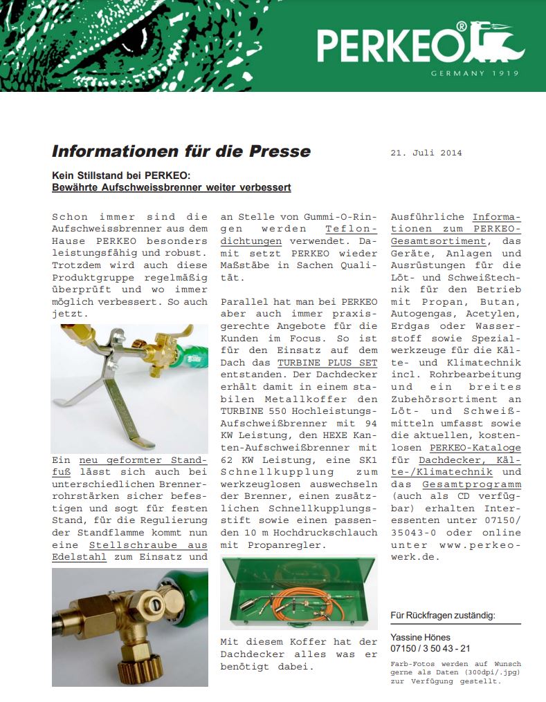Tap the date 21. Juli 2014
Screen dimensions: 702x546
click(426, 153)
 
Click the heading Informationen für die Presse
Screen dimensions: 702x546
click(181, 151)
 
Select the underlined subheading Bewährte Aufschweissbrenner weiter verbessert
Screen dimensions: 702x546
click(172, 187)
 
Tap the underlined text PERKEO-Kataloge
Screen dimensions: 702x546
click(475, 448)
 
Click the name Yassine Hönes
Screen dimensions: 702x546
click(420, 637)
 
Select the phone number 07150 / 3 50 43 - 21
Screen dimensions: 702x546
click(430, 648)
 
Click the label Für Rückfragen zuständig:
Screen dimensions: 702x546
click(443, 616)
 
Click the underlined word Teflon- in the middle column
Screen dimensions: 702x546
click(351, 229)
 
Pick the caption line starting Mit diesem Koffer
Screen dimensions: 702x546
click(298, 642)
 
